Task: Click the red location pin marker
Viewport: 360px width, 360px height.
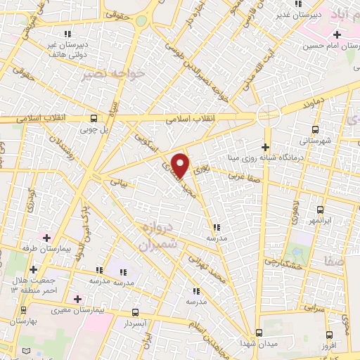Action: (x=181, y=165)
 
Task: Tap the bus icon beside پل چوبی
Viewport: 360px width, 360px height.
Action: (x=94, y=119)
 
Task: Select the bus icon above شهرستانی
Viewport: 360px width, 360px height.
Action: (x=315, y=129)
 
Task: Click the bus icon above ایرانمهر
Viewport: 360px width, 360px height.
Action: (x=320, y=210)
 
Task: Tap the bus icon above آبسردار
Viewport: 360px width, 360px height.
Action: (x=135, y=312)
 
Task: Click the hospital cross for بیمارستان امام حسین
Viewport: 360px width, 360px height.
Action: (x=337, y=34)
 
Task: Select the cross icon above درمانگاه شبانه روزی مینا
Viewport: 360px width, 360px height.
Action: (x=265, y=147)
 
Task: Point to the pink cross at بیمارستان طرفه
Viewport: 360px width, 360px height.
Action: (x=47, y=238)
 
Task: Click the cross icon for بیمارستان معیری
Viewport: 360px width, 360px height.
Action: (x=86, y=299)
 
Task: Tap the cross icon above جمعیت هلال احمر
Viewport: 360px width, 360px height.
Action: (x=34, y=269)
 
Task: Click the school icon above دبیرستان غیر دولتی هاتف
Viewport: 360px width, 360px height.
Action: (x=67, y=33)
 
